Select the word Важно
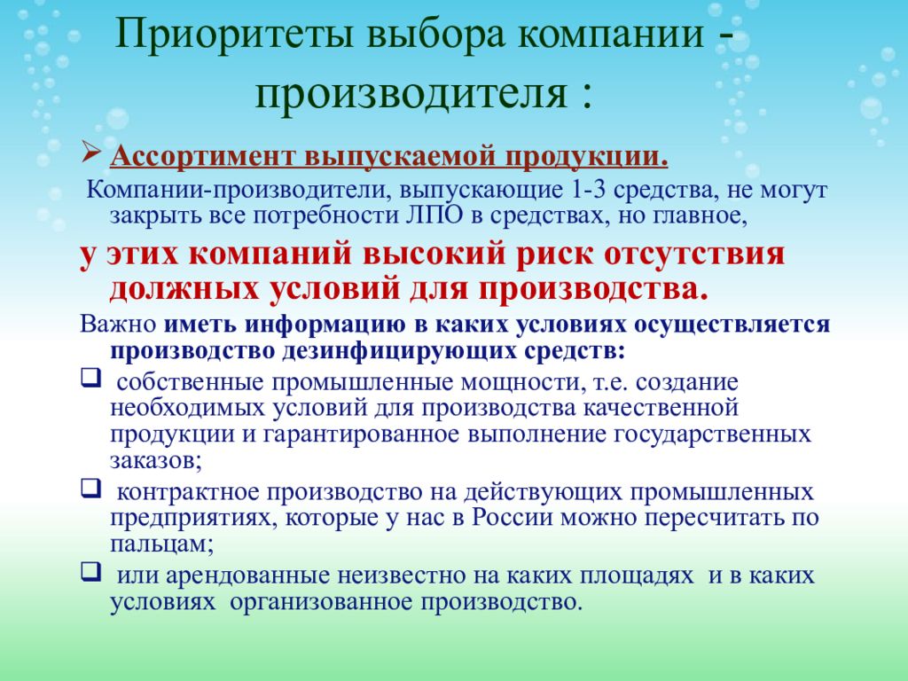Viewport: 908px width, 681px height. [118, 324]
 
